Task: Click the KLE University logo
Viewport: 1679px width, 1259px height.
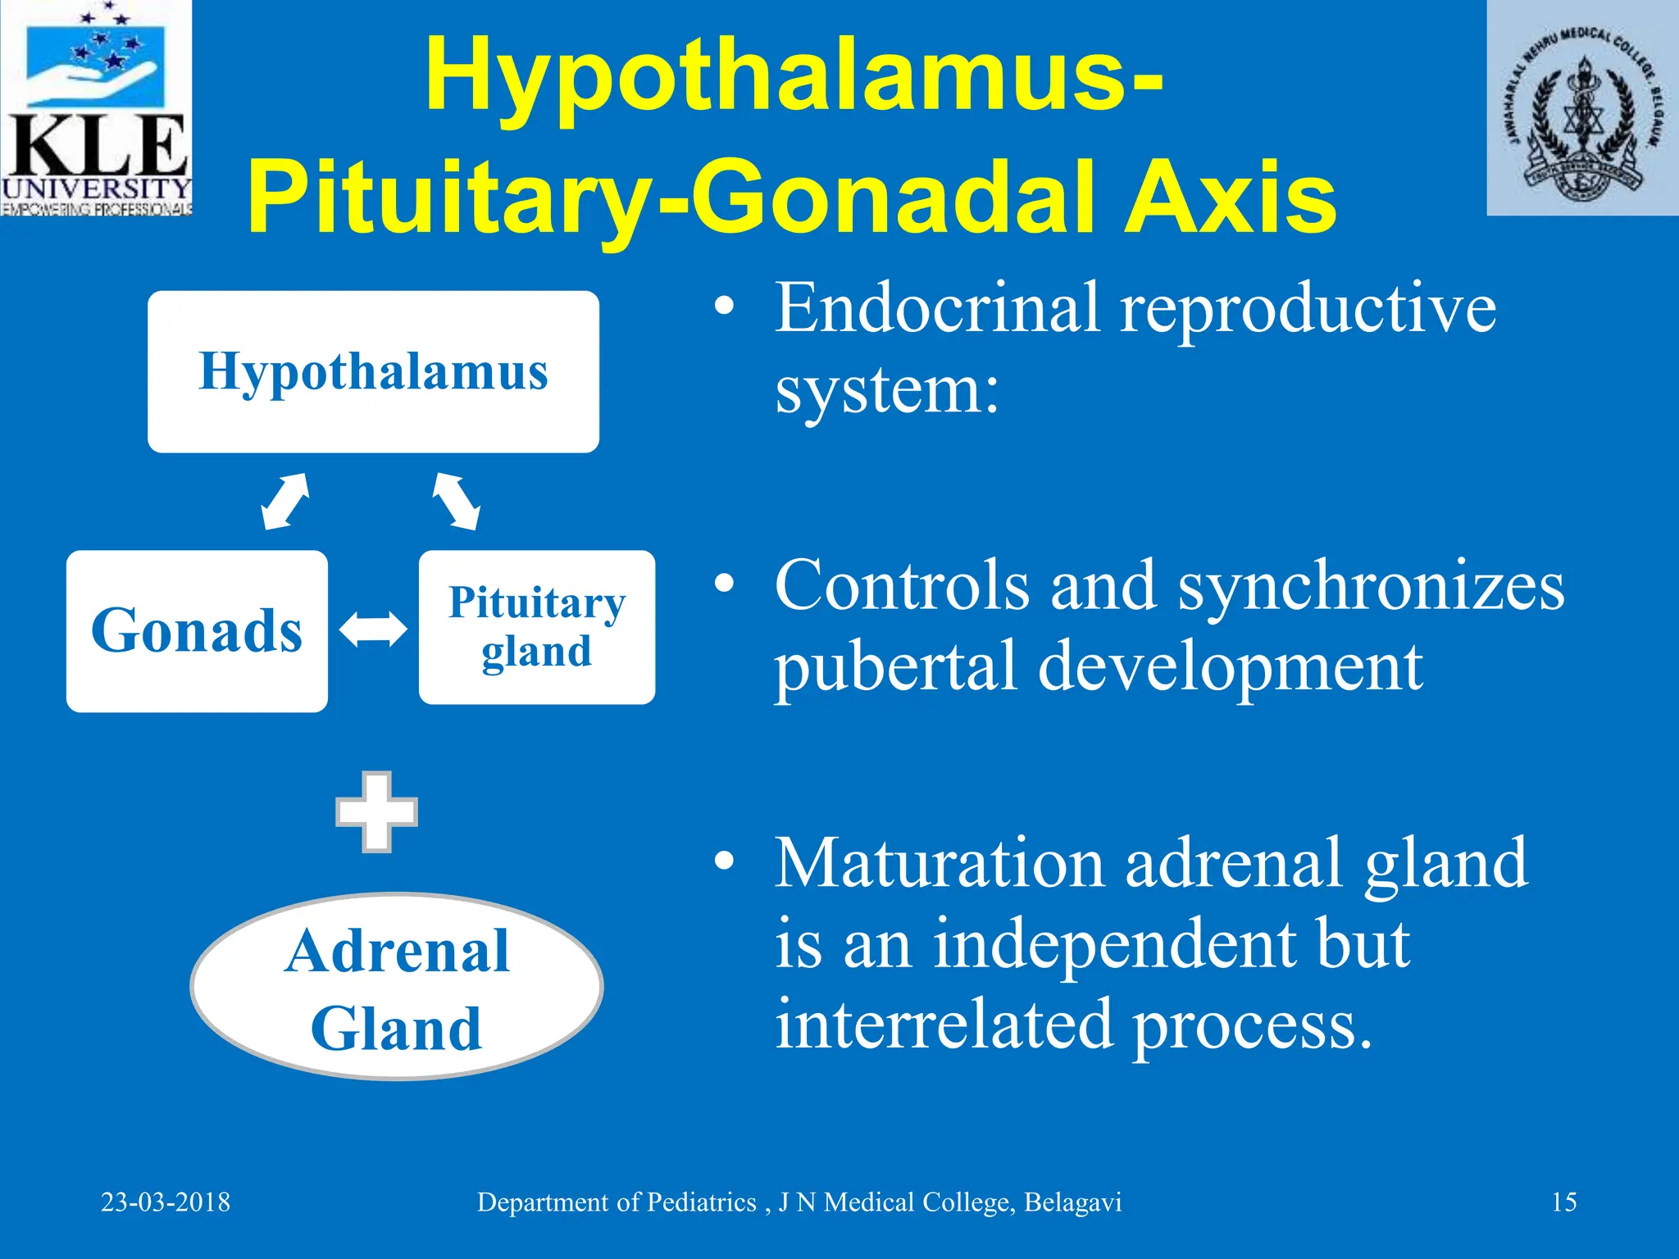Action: coord(96,108)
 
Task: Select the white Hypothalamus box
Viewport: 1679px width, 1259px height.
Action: coord(373,371)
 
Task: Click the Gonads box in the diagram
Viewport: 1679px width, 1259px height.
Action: coord(197,630)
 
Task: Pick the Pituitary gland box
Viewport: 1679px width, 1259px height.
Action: coord(536,627)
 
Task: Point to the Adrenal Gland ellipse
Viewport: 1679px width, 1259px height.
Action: coord(397,986)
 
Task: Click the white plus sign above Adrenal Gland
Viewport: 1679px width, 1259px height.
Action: coord(376,811)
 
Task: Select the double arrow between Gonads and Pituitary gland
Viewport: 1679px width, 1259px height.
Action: coord(373,629)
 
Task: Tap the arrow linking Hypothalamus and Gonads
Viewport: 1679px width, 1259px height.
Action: coord(284,501)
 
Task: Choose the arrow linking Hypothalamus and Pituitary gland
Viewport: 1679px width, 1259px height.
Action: coord(457,501)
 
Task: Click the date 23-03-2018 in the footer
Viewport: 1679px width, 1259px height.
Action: coord(166,1202)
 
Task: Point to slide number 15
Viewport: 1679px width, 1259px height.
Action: coord(1563,1202)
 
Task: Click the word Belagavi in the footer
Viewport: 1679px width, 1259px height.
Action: coord(1072,1202)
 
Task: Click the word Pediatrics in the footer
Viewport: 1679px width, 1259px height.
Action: coord(702,1202)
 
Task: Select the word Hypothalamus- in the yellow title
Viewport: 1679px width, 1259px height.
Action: coord(794,76)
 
